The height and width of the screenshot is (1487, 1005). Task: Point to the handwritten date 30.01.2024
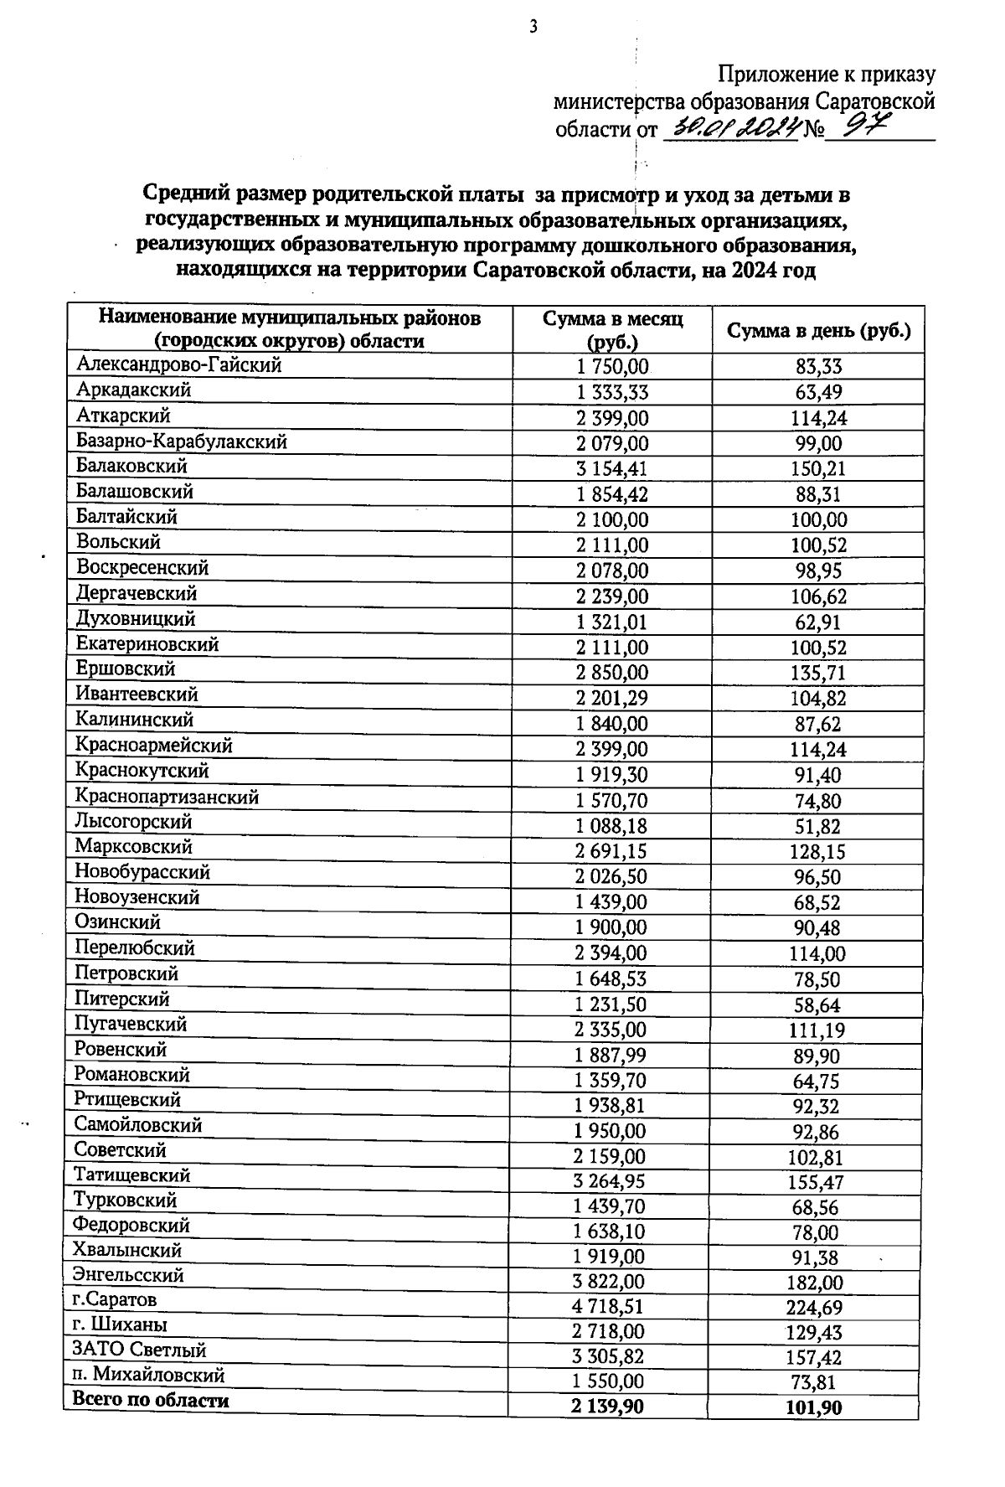coord(729,127)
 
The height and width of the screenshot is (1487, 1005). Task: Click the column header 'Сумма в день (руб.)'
coord(817,330)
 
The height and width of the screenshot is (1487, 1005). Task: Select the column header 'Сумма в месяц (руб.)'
coord(612,330)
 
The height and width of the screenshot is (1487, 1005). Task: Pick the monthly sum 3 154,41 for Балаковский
coord(612,468)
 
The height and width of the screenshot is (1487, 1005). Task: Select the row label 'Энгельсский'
coord(129,1275)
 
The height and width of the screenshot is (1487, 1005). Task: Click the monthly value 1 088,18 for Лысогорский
coord(611,826)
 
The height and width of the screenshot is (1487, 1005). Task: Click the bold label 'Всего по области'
coord(152,1400)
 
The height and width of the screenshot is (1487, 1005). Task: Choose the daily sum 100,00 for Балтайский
coord(818,519)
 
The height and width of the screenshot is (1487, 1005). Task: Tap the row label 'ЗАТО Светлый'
coord(140,1350)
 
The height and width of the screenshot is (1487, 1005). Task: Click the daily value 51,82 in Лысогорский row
coord(818,826)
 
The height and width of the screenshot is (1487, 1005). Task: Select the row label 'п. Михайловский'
coord(148,1375)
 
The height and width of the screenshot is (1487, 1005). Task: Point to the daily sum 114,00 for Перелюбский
coord(817,953)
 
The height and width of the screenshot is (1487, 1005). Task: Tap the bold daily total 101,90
coord(813,1408)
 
